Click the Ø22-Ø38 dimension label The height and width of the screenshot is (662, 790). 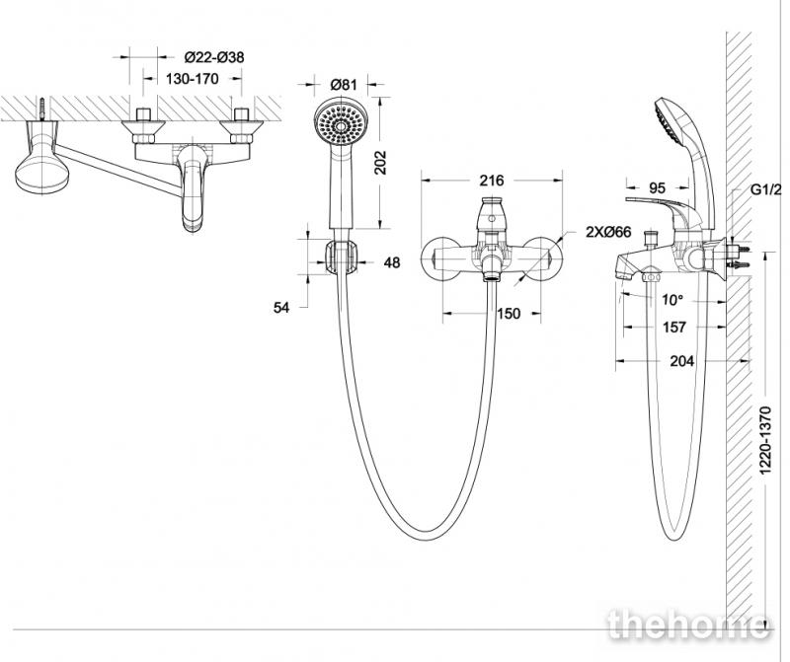[214, 57]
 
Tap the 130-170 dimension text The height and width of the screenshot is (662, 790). [192, 79]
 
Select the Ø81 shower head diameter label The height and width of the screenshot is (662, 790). [343, 84]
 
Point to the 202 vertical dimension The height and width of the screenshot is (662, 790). [381, 163]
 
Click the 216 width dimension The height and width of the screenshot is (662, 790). [492, 181]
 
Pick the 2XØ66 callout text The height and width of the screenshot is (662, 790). [608, 232]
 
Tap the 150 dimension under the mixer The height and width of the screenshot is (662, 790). [509, 314]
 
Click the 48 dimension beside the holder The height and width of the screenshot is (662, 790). [391, 262]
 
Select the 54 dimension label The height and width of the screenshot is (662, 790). [281, 307]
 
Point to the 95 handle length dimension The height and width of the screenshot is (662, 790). [657, 188]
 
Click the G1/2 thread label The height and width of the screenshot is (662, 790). [766, 189]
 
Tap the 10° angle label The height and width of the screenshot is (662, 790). [672, 300]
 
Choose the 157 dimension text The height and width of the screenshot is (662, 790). [674, 328]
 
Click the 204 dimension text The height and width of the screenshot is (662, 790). [681, 361]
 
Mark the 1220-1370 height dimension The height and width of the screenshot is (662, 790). [765, 440]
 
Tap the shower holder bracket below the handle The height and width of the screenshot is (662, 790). [342, 257]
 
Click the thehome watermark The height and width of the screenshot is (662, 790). [689, 625]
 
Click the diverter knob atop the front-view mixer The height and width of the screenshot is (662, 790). [493, 213]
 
